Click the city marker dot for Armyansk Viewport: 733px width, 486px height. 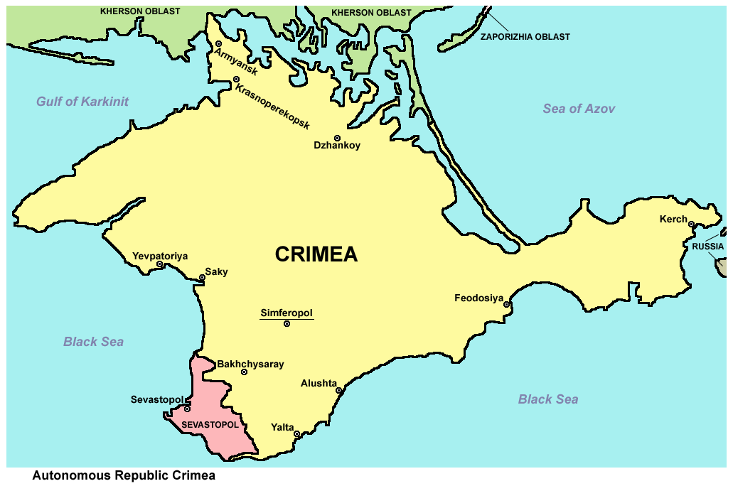(219, 44)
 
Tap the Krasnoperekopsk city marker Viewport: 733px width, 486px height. (236, 80)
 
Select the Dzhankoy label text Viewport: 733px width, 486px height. (337, 146)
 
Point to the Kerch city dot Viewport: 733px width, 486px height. (690, 225)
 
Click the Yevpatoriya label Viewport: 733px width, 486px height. (160, 256)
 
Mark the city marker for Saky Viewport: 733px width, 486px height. (202, 278)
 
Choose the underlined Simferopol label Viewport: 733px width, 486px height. (287, 313)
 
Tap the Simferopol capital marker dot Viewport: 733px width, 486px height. (287, 324)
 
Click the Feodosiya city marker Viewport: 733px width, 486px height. (507, 305)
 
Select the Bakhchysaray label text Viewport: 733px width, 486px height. (250, 364)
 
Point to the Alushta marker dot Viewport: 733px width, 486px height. (339, 390)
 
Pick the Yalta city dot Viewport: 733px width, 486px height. (297, 433)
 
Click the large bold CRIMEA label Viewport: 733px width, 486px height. (316, 254)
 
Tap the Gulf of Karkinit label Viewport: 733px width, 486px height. (82, 102)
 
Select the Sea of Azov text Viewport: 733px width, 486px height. (579, 109)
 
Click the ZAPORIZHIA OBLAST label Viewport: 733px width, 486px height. (525, 37)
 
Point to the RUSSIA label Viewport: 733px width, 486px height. (707, 247)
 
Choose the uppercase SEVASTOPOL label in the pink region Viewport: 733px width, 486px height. (210, 424)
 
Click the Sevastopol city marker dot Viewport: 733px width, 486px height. (187, 409)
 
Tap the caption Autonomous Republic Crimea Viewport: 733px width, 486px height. (123, 476)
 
